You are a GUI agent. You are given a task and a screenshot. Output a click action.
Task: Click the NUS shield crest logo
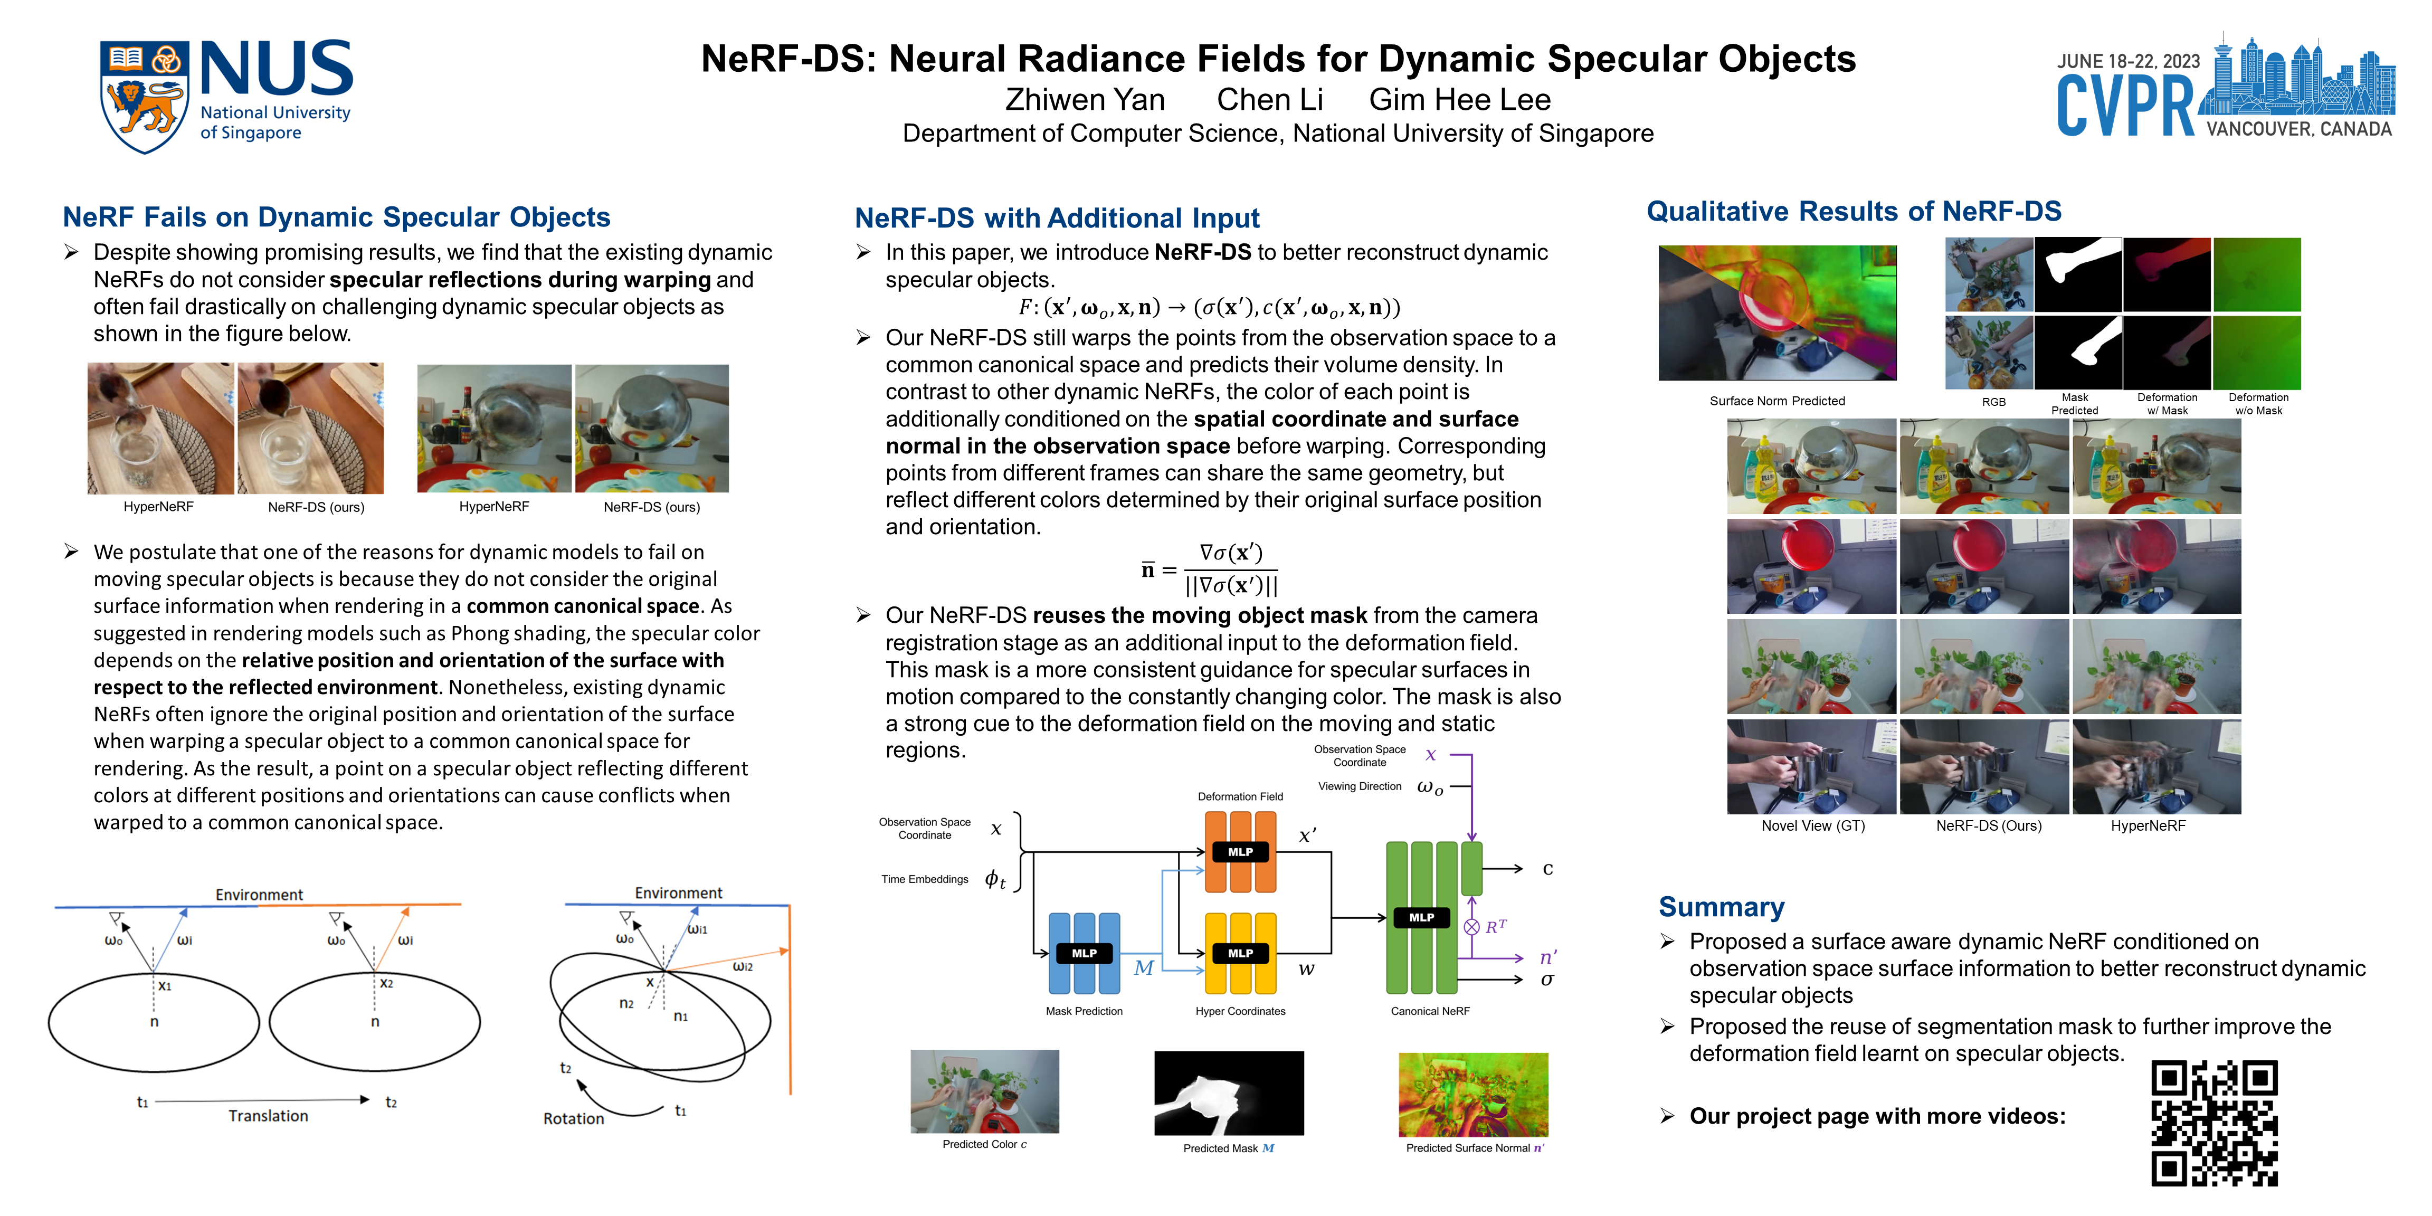(144, 96)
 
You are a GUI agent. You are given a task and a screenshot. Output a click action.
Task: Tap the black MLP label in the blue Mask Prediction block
(1084, 954)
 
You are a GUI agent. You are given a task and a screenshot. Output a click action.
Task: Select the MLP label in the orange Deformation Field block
(1240, 852)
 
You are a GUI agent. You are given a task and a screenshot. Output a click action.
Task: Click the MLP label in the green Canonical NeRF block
(1421, 917)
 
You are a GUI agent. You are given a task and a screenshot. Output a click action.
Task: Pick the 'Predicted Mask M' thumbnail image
(1228, 1093)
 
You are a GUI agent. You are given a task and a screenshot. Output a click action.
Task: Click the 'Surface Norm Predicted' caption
(1777, 401)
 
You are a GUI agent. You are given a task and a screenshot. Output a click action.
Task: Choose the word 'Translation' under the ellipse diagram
(268, 1116)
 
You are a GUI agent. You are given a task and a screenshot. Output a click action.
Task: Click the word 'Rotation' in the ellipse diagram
(573, 1119)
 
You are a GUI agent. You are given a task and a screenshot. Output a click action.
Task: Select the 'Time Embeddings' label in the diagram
(924, 879)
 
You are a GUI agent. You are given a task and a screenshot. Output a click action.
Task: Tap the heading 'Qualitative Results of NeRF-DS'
(1853, 212)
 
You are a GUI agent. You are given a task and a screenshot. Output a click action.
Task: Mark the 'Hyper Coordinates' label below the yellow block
(1240, 1011)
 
